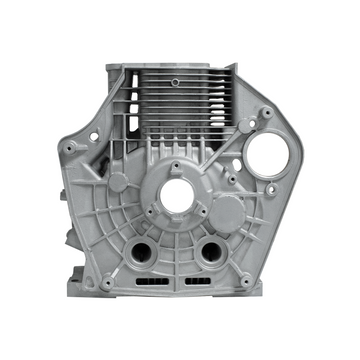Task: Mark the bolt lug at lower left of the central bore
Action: click(148, 222)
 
